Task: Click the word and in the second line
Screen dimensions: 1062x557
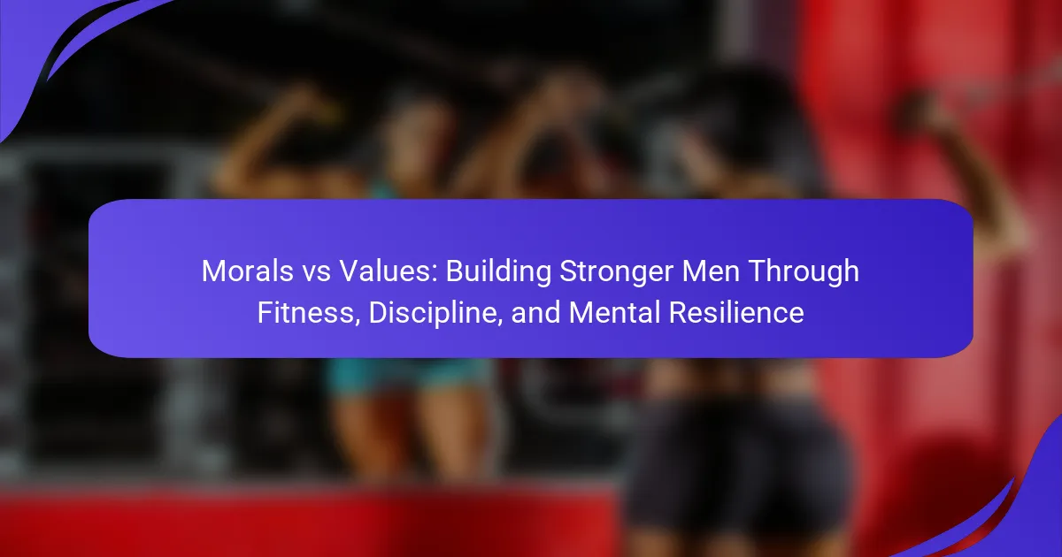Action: pos(535,313)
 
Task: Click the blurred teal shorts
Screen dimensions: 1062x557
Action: pos(409,375)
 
